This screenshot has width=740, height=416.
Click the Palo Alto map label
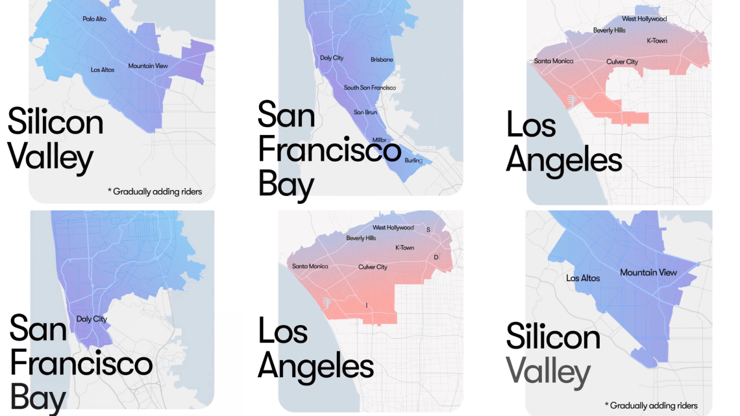pyautogui.click(x=94, y=19)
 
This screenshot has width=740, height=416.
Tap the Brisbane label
pyautogui.click(x=382, y=60)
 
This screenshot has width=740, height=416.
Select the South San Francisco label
pyautogui.click(x=369, y=88)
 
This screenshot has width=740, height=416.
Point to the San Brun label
pyautogui.click(x=365, y=112)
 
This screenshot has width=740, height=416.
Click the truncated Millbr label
pyautogui.click(x=379, y=140)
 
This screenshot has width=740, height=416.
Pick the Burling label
pyautogui.click(x=413, y=160)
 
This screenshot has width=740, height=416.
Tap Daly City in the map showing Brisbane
pyautogui.click(x=332, y=58)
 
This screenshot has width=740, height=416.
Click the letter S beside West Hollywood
pyautogui.click(x=428, y=230)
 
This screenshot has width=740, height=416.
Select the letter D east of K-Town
pyautogui.click(x=436, y=258)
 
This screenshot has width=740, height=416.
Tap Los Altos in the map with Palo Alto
pyautogui.click(x=103, y=69)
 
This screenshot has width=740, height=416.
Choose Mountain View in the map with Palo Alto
pyautogui.click(x=148, y=66)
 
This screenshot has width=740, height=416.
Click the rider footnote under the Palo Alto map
pyautogui.click(x=154, y=191)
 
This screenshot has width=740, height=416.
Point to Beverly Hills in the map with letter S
pyautogui.click(x=361, y=238)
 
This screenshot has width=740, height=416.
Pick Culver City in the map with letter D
pyautogui.click(x=373, y=267)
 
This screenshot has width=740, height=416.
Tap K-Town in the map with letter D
pyautogui.click(x=404, y=248)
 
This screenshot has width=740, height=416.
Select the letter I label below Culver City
pyautogui.click(x=367, y=305)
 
